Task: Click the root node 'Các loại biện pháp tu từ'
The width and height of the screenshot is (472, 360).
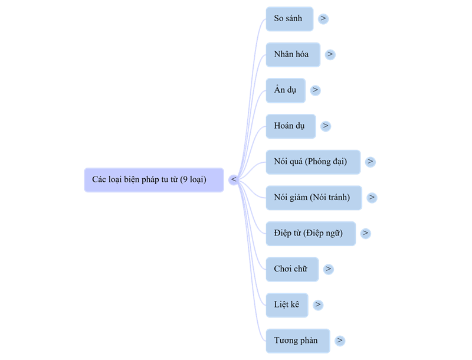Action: point(153,179)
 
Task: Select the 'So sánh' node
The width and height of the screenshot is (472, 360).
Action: point(289,18)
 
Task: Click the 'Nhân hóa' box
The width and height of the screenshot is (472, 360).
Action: point(293,54)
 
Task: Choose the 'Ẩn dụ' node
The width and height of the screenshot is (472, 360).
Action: point(286,90)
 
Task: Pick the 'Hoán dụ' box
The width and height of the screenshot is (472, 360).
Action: point(290,126)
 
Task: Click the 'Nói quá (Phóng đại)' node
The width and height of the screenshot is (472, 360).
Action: point(313,162)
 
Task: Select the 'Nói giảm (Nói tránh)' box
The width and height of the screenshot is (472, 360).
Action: point(313,198)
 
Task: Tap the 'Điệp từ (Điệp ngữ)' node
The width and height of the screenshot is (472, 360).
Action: point(310,233)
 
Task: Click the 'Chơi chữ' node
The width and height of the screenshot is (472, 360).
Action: point(291,269)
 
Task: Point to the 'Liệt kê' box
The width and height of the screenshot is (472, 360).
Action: point(287,305)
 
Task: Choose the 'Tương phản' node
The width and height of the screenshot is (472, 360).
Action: point(297,341)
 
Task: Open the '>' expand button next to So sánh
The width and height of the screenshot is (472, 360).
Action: point(323,18)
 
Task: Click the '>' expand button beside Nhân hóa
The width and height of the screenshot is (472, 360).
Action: point(330,54)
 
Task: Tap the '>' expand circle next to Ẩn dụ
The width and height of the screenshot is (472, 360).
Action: point(315,90)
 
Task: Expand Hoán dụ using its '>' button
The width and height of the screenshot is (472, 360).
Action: point(325,126)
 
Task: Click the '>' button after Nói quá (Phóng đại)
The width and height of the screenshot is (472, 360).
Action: point(371,162)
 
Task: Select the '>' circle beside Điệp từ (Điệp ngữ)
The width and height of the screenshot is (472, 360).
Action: point(366,233)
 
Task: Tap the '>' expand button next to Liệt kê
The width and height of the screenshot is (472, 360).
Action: point(318,305)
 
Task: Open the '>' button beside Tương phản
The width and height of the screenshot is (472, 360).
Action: point(339,341)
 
